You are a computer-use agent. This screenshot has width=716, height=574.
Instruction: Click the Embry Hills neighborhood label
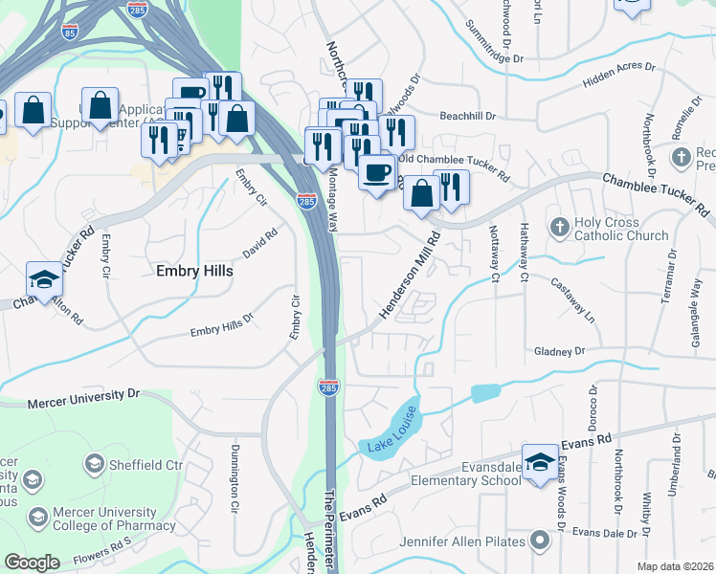click(194, 271)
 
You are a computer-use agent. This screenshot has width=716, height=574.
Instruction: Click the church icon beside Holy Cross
click(560, 228)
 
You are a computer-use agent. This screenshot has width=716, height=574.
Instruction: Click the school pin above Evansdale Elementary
click(540, 462)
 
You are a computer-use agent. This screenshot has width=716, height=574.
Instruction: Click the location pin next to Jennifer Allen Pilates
click(540, 541)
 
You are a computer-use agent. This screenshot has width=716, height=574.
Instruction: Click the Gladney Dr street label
click(559, 352)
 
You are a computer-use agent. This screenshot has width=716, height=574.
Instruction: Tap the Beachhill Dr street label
click(467, 117)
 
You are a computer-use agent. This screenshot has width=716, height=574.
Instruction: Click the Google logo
click(33, 562)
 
